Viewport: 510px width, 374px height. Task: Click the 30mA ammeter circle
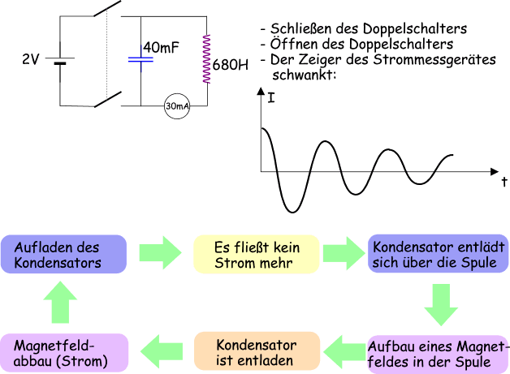[177, 106]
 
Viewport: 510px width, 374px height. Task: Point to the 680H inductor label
[231, 63]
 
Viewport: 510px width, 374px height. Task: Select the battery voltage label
[30, 58]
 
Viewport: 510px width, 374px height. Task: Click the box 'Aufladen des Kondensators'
[63, 255]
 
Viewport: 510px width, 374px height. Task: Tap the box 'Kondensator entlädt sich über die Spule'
[439, 254]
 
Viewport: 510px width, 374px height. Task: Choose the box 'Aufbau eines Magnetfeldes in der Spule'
[439, 353]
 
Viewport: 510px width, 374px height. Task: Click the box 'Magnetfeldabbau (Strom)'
[63, 353]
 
